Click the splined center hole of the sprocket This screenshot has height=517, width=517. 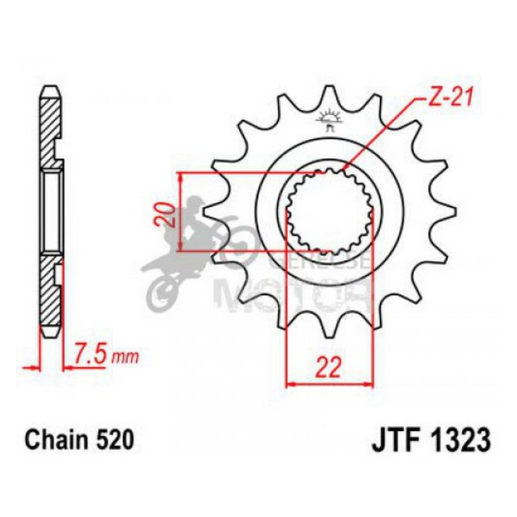(329, 209)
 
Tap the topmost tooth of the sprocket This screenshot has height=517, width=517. (329, 94)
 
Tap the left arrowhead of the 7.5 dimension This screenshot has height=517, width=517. (30, 367)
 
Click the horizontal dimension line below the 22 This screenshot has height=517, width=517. (330, 385)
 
